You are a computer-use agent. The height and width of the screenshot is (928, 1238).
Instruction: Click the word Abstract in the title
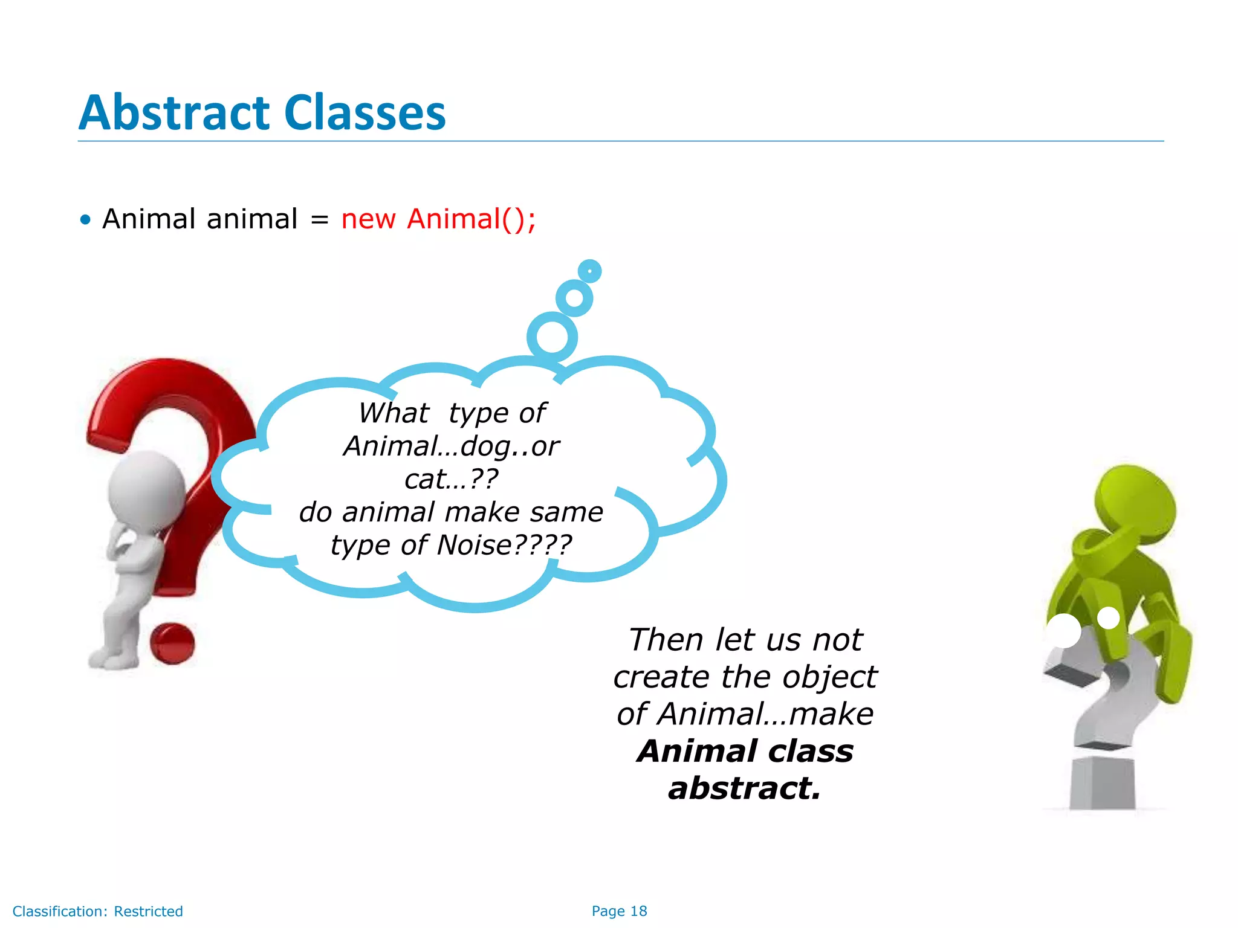(174, 113)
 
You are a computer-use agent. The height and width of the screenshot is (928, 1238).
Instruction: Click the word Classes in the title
(365, 113)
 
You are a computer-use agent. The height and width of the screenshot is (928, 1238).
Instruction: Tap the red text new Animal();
(438, 219)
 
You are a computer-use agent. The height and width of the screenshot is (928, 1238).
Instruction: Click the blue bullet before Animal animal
(85, 220)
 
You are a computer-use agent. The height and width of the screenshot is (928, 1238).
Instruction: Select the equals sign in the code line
(319, 220)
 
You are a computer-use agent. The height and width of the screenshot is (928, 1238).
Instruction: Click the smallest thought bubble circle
(589, 271)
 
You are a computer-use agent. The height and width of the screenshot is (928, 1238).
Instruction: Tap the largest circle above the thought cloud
(552, 337)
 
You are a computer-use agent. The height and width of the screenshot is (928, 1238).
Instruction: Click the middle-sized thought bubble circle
(574, 298)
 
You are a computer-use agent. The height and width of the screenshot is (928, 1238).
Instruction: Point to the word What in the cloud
(394, 413)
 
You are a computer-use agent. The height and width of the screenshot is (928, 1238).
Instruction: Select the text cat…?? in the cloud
(451, 479)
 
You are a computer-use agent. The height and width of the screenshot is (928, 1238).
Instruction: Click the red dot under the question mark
(172, 643)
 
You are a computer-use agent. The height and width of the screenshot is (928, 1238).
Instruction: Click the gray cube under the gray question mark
(1102, 784)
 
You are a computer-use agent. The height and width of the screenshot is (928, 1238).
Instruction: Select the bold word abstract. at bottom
(745, 788)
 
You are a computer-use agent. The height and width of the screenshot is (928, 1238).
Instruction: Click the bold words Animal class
(745, 751)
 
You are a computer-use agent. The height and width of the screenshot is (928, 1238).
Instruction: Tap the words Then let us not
(745, 640)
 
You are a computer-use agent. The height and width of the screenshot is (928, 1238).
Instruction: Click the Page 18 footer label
(619, 911)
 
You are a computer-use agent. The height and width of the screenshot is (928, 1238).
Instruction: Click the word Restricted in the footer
(148, 911)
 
